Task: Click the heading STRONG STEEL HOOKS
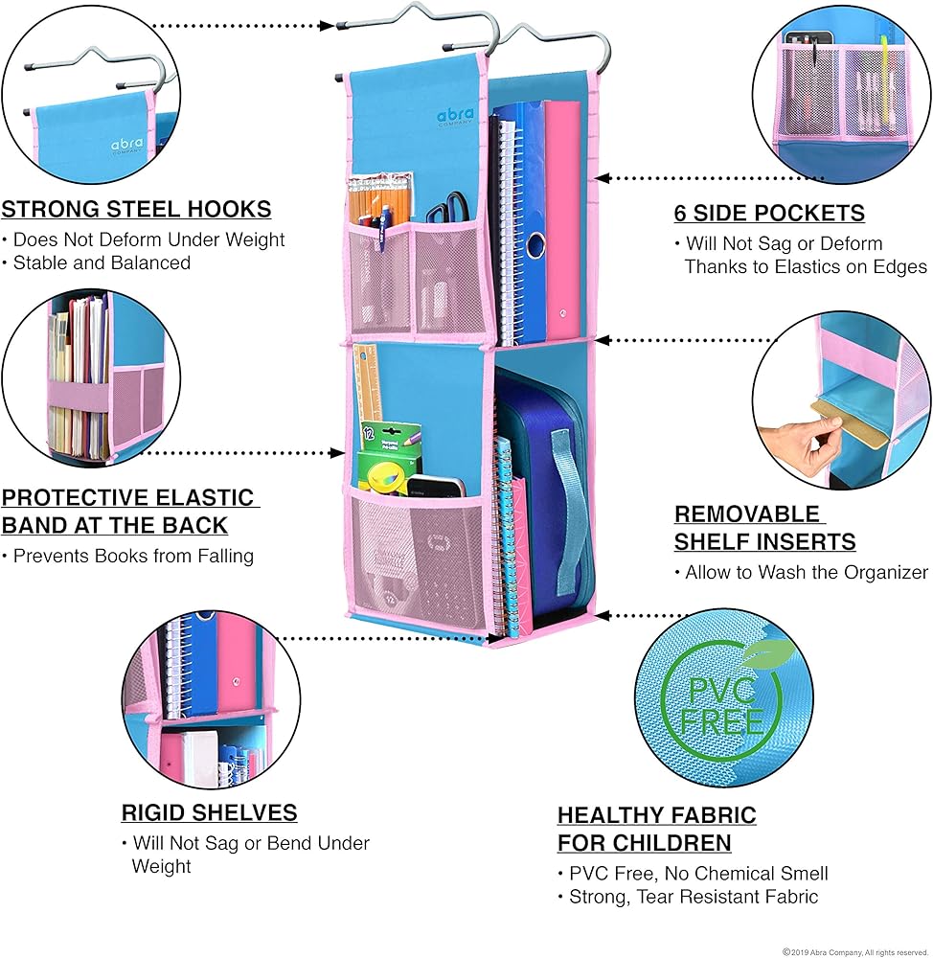(x=136, y=209)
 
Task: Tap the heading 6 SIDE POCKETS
(x=769, y=213)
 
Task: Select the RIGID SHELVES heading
(x=209, y=813)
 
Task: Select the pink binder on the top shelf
(x=562, y=220)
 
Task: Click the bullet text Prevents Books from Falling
(x=133, y=555)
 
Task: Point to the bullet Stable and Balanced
(x=102, y=262)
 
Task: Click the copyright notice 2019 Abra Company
(x=854, y=951)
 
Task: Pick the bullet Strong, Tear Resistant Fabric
(x=688, y=897)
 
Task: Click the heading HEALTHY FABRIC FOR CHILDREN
(x=656, y=829)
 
